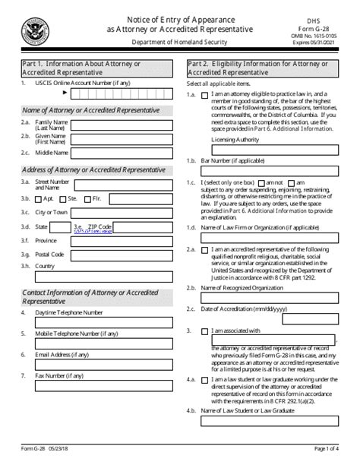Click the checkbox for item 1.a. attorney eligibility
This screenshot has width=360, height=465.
point(205,96)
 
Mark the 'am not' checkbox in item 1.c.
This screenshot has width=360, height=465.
point(261,183)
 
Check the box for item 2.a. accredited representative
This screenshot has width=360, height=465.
point(205,249)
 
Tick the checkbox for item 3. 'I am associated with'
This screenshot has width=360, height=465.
point(205,331)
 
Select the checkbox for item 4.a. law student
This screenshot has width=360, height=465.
point(205,379)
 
